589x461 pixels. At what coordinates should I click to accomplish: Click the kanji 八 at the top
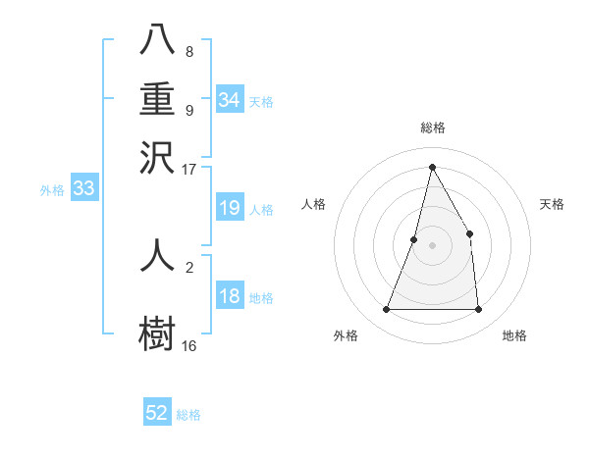tap(157, 40)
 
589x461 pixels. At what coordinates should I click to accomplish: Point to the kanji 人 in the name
tap(157, 256)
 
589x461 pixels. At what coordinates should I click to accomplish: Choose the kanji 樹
tap(157, 332)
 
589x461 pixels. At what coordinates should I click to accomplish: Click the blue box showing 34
tap(230, 100)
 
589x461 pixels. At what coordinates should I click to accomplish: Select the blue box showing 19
tap(230, 208)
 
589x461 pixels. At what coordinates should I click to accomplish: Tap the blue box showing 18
tap(230, 296)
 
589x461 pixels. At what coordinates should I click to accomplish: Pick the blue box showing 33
tap(83, 189)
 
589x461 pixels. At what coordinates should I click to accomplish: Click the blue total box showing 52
tap(157, 413)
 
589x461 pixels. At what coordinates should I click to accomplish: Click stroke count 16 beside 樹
tap(188, 345)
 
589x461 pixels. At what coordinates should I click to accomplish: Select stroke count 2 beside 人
tap(188, 264)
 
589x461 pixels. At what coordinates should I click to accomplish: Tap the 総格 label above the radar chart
tap(432, 128)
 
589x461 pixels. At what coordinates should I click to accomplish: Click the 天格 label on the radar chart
tap(552, 204)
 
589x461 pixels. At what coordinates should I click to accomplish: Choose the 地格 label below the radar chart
tap(514, 335)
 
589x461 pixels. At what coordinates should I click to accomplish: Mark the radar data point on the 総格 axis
tap(432, 167)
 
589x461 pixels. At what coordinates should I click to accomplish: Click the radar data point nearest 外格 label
tap(386, 310)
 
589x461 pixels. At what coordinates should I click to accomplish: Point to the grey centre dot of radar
tap(432, 244)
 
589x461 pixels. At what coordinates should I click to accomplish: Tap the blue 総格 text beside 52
tap(188, 415)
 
